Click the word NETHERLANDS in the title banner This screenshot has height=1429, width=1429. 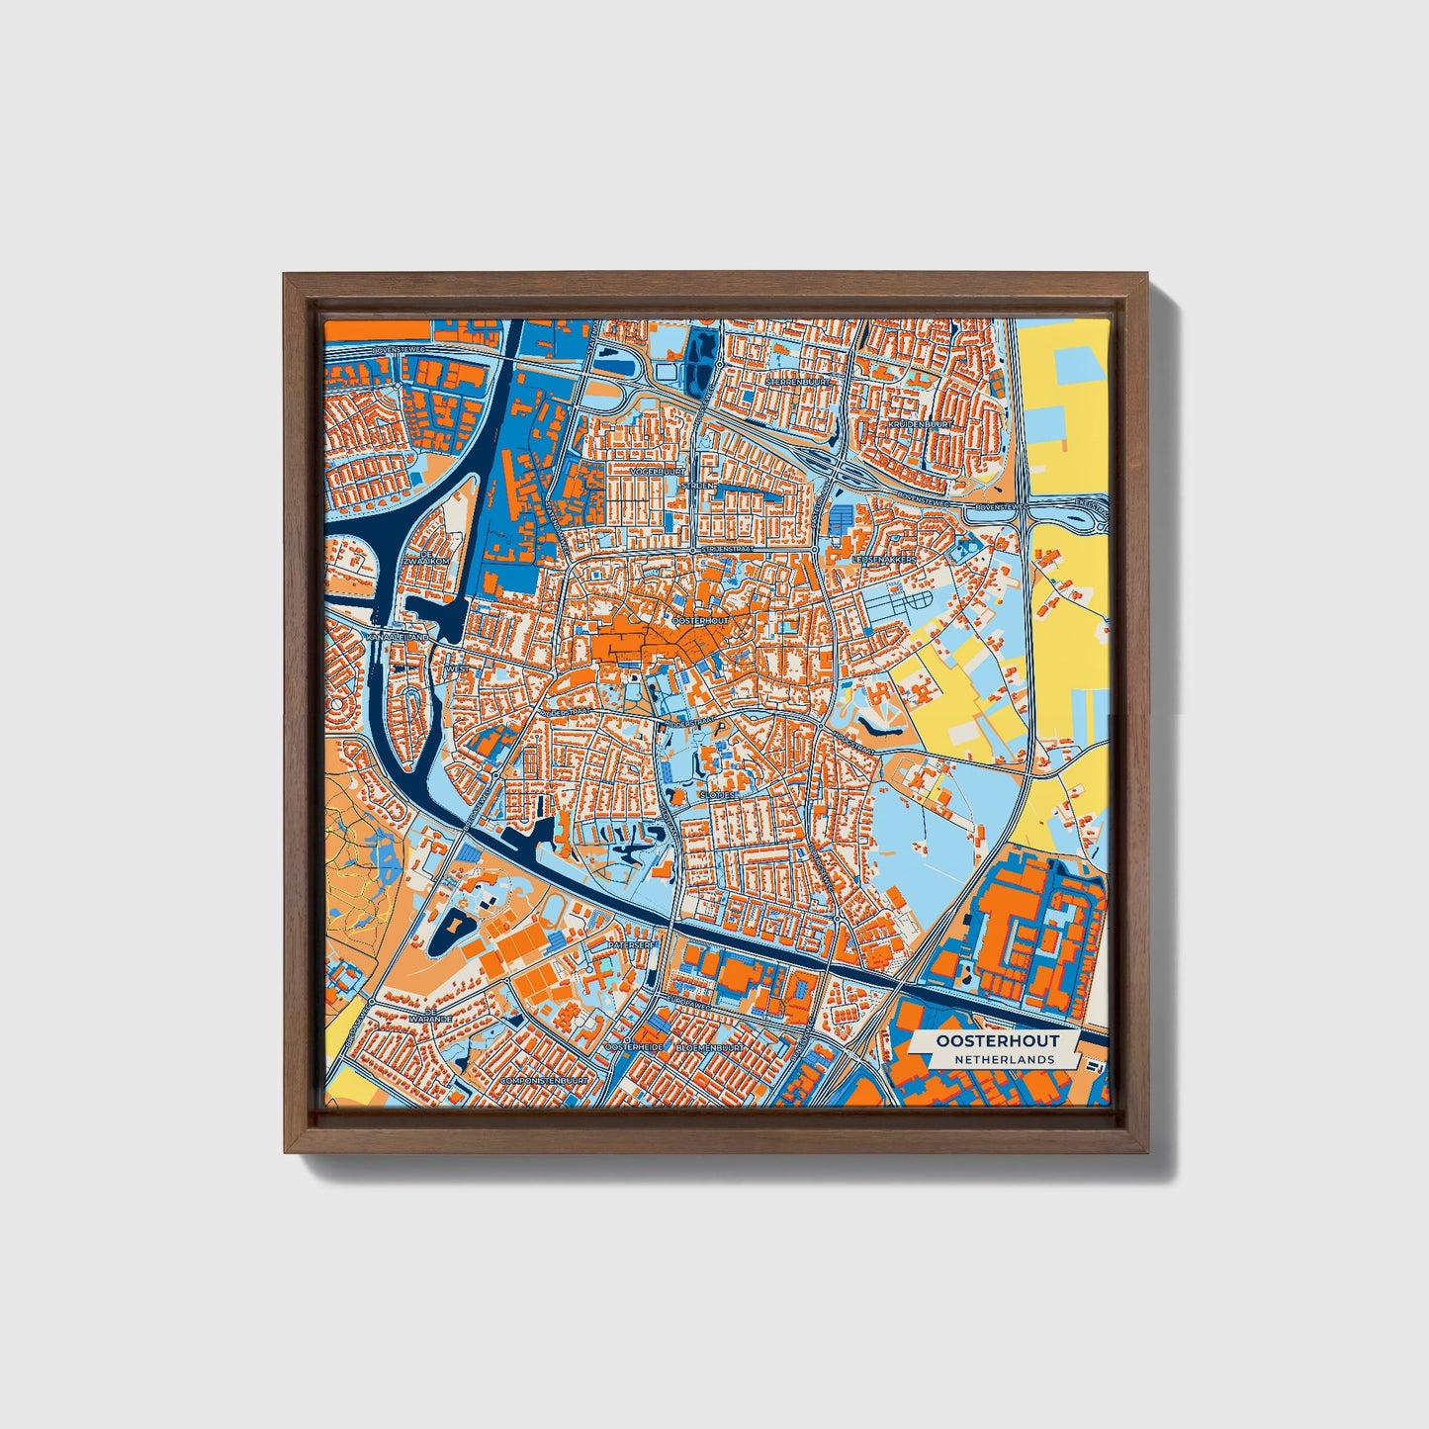[1004, 1059]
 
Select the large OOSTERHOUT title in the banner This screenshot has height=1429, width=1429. [998, 1040]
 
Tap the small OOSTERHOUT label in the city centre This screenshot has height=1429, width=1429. [700, 620]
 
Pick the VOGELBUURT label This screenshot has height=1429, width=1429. [658, 473]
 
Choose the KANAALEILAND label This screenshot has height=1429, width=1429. [399, 639]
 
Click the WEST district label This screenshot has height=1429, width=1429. [458, 670]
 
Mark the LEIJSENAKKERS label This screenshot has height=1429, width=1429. [885, 559]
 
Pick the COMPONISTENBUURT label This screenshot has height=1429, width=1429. [544, 1080]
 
